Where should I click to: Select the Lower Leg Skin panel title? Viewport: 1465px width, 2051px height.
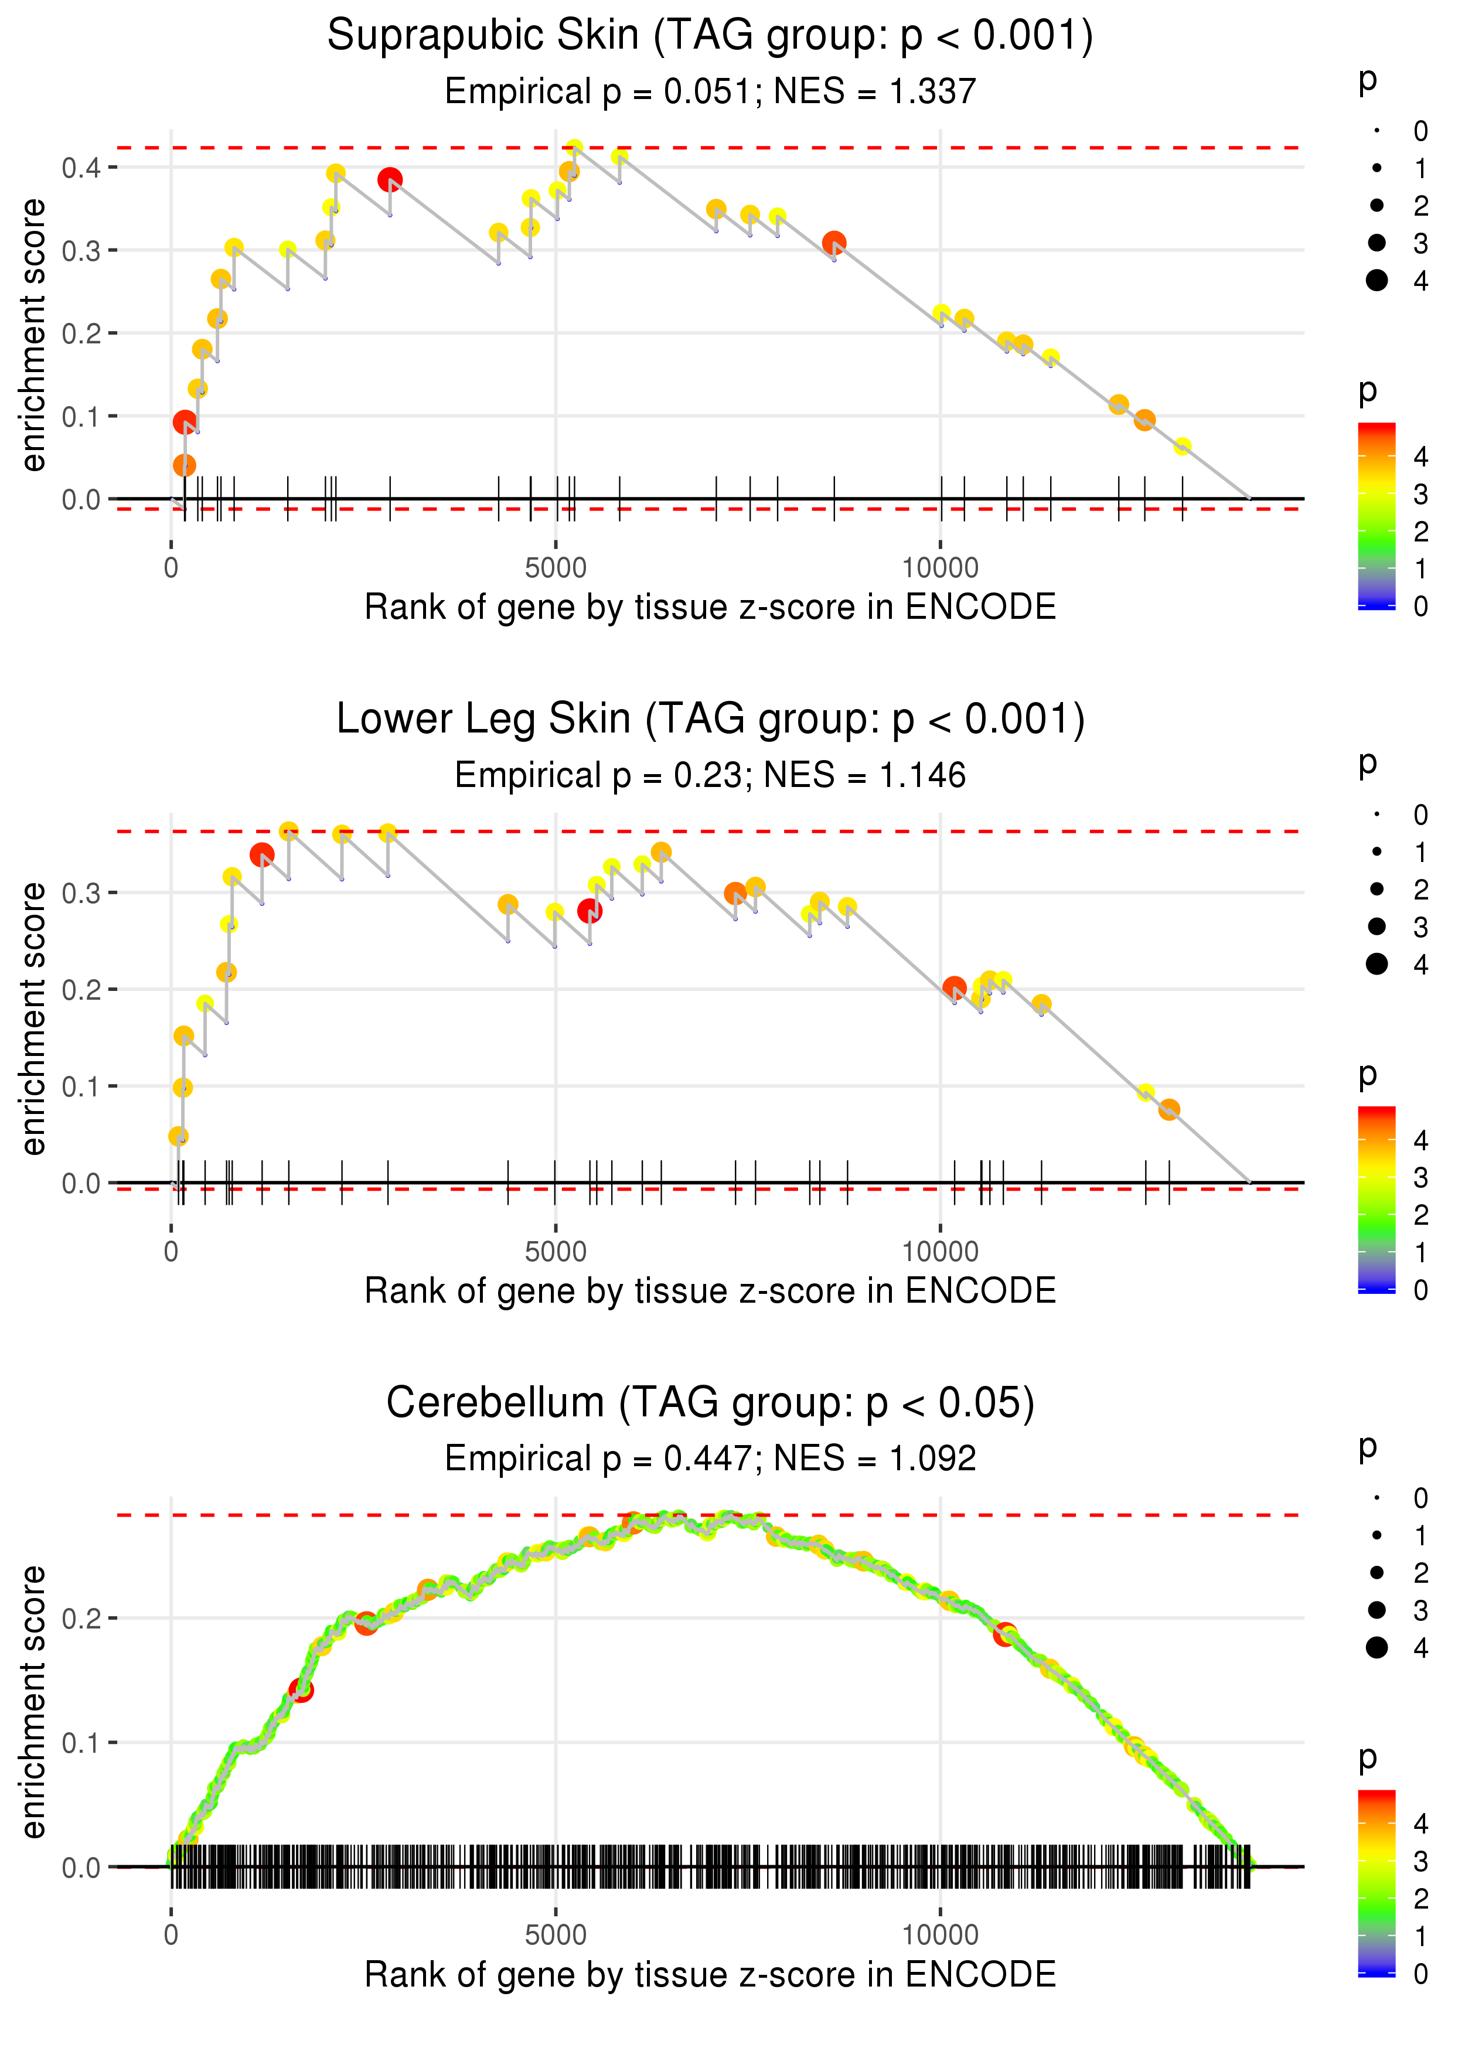point(710,720)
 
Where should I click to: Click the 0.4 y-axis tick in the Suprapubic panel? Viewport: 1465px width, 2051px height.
point(81,168)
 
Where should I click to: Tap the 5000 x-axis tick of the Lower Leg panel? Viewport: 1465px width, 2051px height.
point(556,1252)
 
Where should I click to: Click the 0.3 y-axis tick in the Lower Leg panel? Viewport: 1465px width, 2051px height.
point(81,893)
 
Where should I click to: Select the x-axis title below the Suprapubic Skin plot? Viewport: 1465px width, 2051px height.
point(710,607)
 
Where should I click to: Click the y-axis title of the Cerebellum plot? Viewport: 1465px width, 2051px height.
point(33,1702)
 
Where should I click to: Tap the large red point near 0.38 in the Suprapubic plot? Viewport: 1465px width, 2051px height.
point(390,179)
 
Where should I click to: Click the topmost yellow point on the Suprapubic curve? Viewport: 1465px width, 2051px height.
point(574,148)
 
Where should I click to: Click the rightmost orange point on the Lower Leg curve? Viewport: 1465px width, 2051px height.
point(1169,1109)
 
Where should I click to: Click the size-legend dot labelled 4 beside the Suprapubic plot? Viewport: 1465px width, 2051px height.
point(1377,281)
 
